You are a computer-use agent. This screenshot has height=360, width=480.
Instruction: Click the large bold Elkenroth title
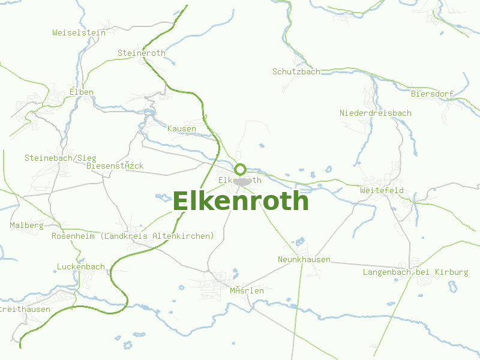click(241, 202)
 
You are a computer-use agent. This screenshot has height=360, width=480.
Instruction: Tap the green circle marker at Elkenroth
click(241, 169)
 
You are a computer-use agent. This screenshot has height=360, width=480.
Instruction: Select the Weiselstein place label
click(79, 33)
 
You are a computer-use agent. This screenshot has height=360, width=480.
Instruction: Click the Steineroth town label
click(142, 53)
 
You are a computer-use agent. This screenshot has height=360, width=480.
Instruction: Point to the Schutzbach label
click(296, 71)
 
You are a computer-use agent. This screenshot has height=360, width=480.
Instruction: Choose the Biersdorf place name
click(432, 94)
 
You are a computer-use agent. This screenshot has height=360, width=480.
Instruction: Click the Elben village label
click(82, 92)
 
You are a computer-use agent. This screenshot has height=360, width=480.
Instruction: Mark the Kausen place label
click(182, 129)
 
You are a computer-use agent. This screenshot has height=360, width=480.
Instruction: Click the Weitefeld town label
click(382, 190)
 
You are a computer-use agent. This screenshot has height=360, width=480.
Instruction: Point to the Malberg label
click(27, 226)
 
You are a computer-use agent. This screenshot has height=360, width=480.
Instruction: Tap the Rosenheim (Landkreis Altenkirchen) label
click(133, 236)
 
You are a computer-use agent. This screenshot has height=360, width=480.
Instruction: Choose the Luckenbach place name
click(81, 266)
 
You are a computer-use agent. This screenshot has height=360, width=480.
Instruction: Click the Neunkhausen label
click(304, 259)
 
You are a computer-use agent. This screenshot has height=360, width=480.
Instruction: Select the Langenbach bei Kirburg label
click(415, 272)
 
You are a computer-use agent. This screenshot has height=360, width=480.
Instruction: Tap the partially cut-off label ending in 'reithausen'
click(25, 309)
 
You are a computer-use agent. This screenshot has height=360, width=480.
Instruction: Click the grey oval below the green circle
click(242, 181)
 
